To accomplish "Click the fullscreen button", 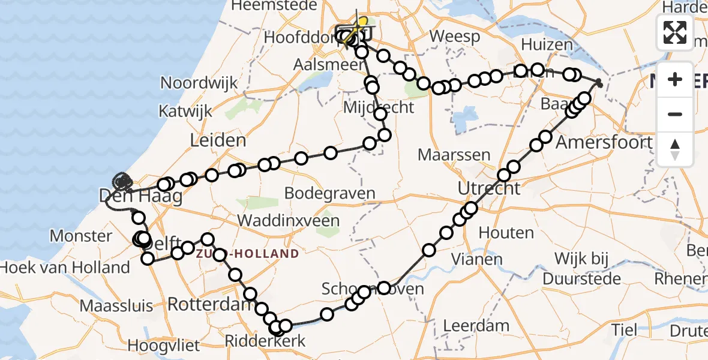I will (675, 32).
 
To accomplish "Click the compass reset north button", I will (675, 149).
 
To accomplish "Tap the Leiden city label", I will (218, 142).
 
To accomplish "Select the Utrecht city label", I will (490, 188).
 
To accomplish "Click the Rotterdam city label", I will (208, 304).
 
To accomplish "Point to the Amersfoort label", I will (604, 142).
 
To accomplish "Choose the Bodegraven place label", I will (330, 194).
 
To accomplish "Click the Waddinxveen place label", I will (289, 220).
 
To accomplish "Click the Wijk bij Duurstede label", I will (582, 269).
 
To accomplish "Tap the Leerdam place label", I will (476, 326).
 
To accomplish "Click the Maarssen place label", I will (454, 155).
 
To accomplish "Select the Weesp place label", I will (455, 37).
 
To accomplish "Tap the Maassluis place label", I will (116, 306).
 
